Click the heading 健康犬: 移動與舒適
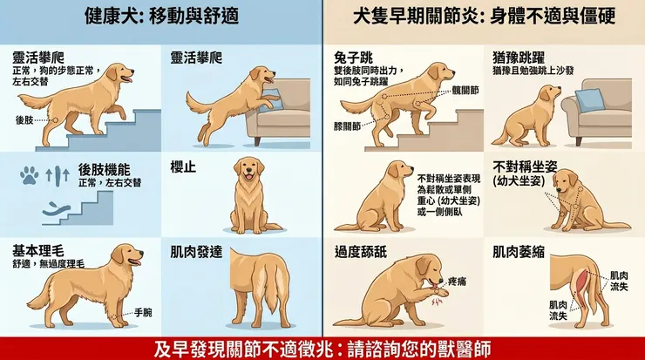pyautogui.click(x=161, y=17)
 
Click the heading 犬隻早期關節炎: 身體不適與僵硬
pyautogui.click(x=484, y=17)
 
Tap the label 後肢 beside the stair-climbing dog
pyautogui.click(x=24, y=119)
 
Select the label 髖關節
pyautogui.click(x=465, y=91)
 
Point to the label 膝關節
pyautogui.click(x=347, y=126)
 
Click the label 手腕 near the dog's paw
pyautogui.click(x=143, y=313)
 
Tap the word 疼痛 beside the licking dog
pyautogui.click(x=457, y=282)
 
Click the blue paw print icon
pyautogui.click(x=30, y=176)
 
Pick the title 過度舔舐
pyautogui.click(x=361, y=252)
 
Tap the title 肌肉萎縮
pyautogui.click(x=519, y=252)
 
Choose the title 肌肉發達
pyautogui.click(x=196, y=252)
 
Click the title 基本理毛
pyautogui.click(x=37, y=250)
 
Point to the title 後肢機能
pyautogui.click(x=104, y=169)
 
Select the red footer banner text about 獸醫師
pyautogui.click(x=322, y=349)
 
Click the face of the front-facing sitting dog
pyautogui.click(x=249, y=169)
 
